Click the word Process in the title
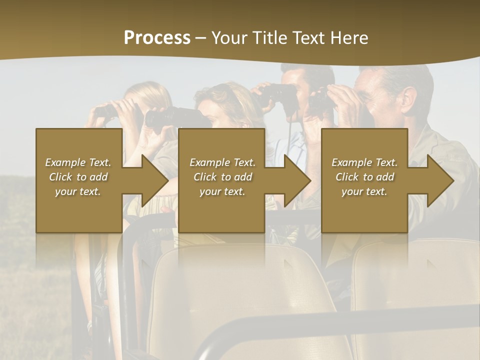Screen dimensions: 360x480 [157, 38]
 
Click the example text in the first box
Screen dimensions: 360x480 [78, 177]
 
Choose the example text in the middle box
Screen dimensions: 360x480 [222, 177]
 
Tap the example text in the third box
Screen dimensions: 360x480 [364, 177]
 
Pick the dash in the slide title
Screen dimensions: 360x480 [200, 38]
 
